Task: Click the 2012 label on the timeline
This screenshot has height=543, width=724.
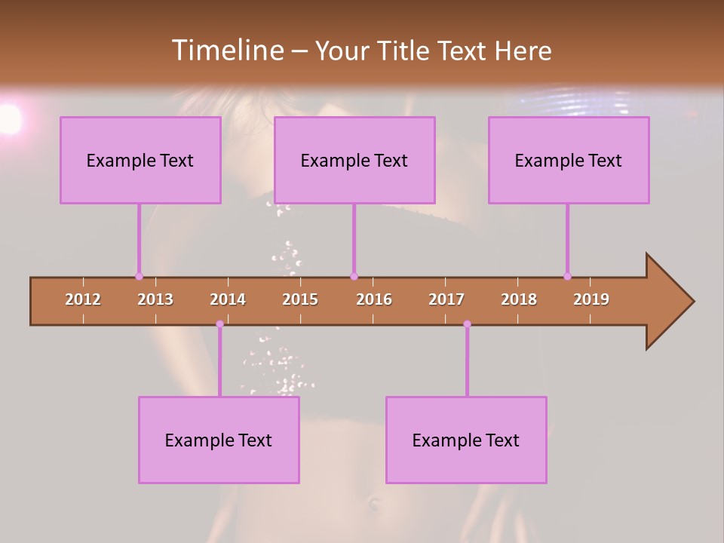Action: coord(83,299)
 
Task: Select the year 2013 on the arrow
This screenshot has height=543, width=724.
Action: coord(155,299)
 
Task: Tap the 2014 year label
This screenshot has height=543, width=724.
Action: coord(228,299)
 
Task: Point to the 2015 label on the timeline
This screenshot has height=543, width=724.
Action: coord(300,299)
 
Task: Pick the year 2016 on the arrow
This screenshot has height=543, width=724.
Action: coord(374,299)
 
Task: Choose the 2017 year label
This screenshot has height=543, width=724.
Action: coord(446,299)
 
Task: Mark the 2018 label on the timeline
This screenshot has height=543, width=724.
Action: coord(519,299)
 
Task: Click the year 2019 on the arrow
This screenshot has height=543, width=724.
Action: coord(591,299)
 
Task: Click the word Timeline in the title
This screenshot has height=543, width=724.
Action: coord(225,51)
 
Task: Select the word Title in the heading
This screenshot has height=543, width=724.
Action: coord(404,51)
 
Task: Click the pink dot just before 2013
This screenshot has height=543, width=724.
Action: coord(139,276)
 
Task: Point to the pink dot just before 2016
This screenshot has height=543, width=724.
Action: coord(354,276)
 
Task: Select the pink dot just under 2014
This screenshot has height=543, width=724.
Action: coord(219,324)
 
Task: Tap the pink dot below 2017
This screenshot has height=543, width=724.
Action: coord(467,324)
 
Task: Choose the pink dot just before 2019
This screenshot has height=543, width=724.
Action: coord(567,276)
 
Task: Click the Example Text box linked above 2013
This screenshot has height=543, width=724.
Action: coord(140,160)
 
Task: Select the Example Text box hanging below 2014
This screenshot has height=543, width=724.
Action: coord(219,440)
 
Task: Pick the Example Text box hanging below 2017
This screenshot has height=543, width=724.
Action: coord(466,440)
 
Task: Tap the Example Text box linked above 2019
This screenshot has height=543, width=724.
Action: coord(569,160)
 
